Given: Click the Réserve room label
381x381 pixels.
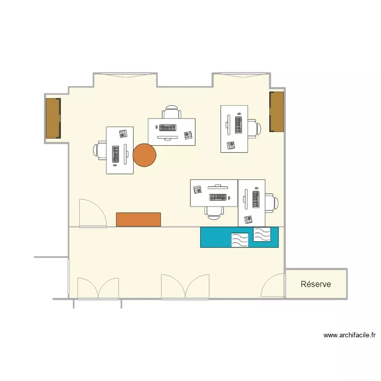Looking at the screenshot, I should click(315, 284).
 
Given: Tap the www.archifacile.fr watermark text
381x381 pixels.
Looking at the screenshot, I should click(349, 335).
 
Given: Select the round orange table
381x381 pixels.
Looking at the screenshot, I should click(144, 155).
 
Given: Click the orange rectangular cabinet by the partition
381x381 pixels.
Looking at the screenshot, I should click(138, 219).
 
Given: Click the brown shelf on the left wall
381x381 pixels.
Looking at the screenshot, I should click(53, 118).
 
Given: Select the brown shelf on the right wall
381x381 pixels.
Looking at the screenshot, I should click(276, 112).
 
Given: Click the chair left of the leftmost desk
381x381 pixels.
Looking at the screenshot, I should click(100, 150).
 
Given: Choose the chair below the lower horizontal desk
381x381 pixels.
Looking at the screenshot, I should click(214, 212).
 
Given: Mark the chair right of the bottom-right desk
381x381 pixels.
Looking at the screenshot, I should click(272, 202).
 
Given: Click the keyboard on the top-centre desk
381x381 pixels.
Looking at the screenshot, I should click(168, 127).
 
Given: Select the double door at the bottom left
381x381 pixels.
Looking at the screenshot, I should click(98, 289).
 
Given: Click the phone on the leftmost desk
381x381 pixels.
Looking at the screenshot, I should click(123, 134).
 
